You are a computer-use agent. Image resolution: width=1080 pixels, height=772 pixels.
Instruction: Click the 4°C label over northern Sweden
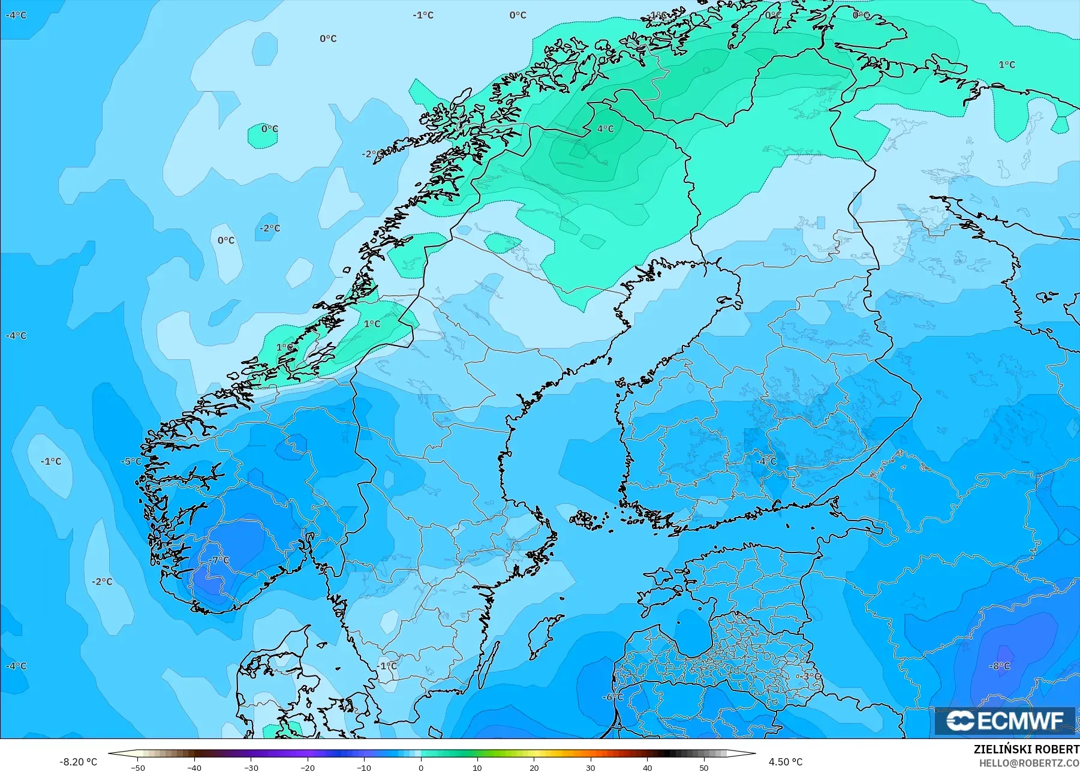click(606, 128)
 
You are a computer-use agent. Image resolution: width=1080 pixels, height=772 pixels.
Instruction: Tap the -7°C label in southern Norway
click(221, 560)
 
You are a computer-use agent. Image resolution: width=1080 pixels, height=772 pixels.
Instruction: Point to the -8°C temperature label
click(1000, 666)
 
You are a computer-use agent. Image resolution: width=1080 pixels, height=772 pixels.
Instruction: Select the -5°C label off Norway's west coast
click(131, 461)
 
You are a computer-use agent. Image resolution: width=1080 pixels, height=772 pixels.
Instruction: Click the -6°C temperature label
click(613, 697)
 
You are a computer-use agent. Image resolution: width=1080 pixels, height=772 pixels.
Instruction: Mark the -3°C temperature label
click(808, 676)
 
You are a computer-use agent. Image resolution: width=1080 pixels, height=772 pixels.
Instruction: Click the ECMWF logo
click(1006, 720)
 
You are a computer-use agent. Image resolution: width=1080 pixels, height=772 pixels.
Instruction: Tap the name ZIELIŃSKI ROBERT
click(1026, 750)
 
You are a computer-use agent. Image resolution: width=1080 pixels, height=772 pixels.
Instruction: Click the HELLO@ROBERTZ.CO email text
click(1030, 763)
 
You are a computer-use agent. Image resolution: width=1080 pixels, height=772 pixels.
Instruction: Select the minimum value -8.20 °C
click(78, 762)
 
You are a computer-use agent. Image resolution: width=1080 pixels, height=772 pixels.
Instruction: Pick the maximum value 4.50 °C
click(786, 762)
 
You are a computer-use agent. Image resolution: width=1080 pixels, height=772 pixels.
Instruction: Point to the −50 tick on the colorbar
click(138, 767)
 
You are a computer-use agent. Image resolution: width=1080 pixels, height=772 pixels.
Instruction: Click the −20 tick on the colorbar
click(308, 767)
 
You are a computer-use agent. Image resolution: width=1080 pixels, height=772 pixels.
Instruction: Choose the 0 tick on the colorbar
click(421, 767)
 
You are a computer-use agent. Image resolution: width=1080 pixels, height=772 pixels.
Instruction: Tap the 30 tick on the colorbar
click(591, 767)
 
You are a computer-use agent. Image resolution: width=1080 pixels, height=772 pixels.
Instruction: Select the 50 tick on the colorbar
click(704, 767)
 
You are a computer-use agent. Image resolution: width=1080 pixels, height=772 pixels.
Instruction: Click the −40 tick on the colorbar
click(194, 767)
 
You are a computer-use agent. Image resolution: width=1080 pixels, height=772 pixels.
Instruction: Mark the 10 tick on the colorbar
click(477, 767)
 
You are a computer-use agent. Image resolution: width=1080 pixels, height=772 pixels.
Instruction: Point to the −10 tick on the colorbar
click(364, 767)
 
